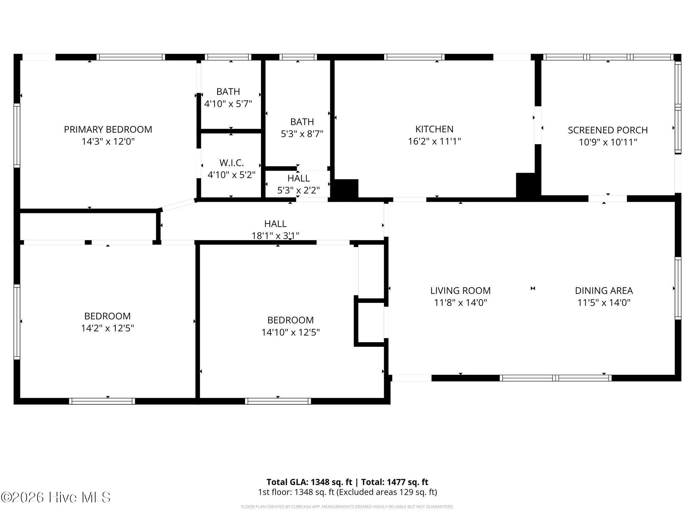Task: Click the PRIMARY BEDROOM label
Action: (x=108, y=129)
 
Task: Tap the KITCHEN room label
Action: (x=434, y=129)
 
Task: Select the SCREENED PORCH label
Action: (x=608, y=130)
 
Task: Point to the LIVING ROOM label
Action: (x=461, y=290)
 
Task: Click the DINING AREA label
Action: (x=604, y=290)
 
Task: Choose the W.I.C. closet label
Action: (x=231, y=163)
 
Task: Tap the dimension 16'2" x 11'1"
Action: (x=434, y=141)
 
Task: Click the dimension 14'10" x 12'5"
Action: (x=290, y=332)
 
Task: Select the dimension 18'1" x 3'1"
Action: (x=275, y=235)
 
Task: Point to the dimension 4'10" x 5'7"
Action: (x=228, y=103)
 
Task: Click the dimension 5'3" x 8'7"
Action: (x=302, y=134)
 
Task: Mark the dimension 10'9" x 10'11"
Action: (x=608, y=142)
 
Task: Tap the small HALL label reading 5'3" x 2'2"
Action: (x=299, y=178)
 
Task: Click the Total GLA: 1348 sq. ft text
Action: (x=309, y=482)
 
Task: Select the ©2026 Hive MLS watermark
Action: (x=56, y=497)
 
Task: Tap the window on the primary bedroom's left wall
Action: (x=17, y=135)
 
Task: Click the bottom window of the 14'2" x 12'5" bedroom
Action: (x=102, y=401)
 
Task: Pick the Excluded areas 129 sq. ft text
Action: (x=387, y=492)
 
